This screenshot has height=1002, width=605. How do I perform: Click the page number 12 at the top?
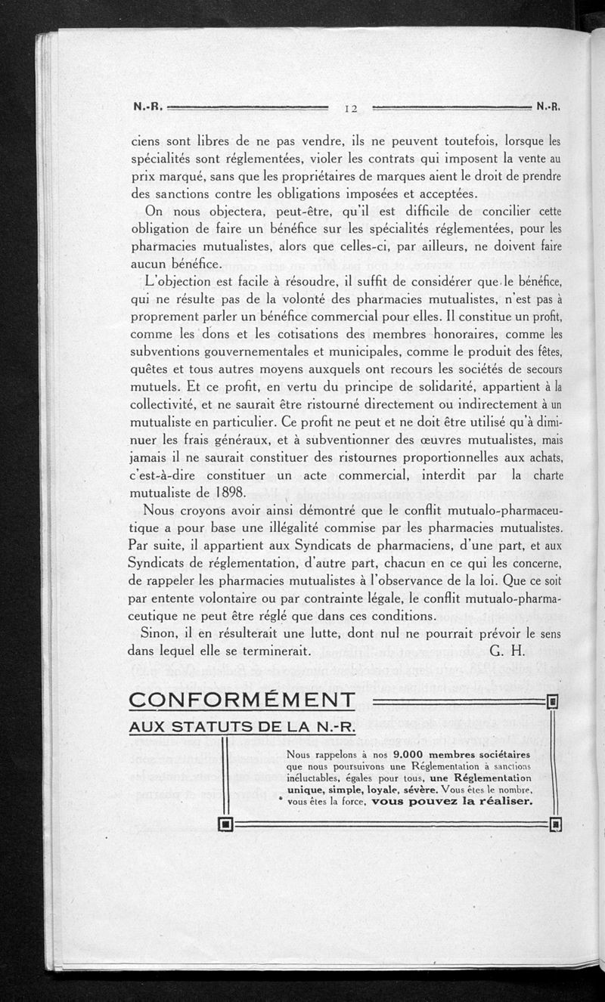point(351,108)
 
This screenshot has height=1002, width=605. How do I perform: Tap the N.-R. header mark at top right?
point(549,107)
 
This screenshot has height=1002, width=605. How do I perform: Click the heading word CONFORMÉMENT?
point(242,700)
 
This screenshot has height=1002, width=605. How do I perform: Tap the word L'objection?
point(185,281)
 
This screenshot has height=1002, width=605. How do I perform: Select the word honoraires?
point(448,333)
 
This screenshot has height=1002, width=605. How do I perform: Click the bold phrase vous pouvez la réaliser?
point(453,800)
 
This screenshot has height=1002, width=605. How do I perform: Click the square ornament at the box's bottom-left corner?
point(225,823)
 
